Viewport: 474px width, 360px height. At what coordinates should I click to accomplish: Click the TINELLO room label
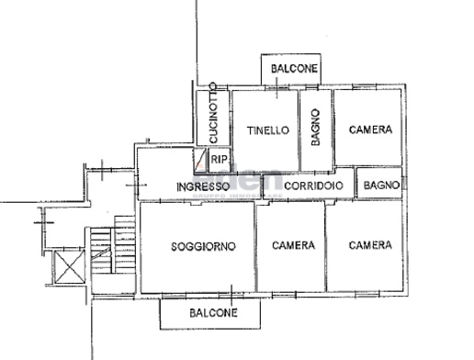[268, 130]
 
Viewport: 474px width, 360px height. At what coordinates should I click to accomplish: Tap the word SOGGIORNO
[203, 246]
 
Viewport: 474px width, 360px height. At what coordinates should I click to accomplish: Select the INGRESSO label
[204, 186]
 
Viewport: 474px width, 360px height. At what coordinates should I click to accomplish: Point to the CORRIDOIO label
[313, 186]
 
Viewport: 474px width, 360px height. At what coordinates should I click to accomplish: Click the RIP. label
[220, 160]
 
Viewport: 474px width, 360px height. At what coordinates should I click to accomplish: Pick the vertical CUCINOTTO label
[213, 114]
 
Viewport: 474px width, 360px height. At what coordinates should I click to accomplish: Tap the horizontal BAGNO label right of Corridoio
[380, 186]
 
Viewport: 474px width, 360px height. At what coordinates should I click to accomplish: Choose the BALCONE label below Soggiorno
[213, 313]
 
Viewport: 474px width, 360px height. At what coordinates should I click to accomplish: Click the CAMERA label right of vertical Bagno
[370, 130]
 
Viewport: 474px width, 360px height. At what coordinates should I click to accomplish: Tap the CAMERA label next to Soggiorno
[293, 246]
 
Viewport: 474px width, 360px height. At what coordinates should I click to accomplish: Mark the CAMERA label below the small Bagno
[370, 246]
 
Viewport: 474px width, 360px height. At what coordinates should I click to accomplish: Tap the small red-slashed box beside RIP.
[201, 161]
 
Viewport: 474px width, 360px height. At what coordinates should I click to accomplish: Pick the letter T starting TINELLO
[250, 130]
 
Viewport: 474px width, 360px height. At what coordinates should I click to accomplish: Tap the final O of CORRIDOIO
[340, 186]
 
